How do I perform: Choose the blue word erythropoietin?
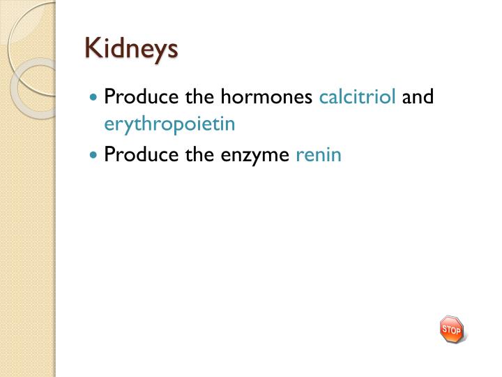pos(169,125)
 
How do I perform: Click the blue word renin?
pos(319,154)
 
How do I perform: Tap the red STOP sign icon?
pos(451,329)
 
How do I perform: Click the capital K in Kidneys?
pos(91,49)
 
